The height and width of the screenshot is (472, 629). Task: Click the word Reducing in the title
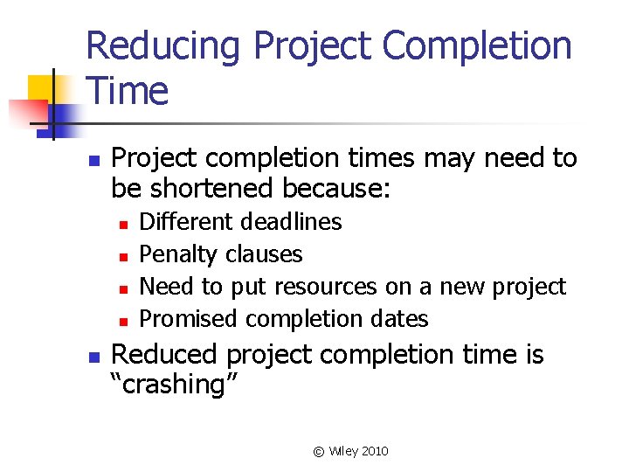click(162, 45)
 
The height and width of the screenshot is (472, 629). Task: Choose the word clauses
click(264, 254)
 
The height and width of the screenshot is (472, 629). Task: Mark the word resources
click(325, 287)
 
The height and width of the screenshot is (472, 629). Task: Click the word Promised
click(189, 319)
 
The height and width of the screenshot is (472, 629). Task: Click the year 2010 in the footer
click(374, 452)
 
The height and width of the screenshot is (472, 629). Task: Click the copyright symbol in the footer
click(318, 452)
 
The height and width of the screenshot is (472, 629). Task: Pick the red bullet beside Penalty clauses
click(123, 256)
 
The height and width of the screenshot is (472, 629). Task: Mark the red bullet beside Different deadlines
click(123, 224)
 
